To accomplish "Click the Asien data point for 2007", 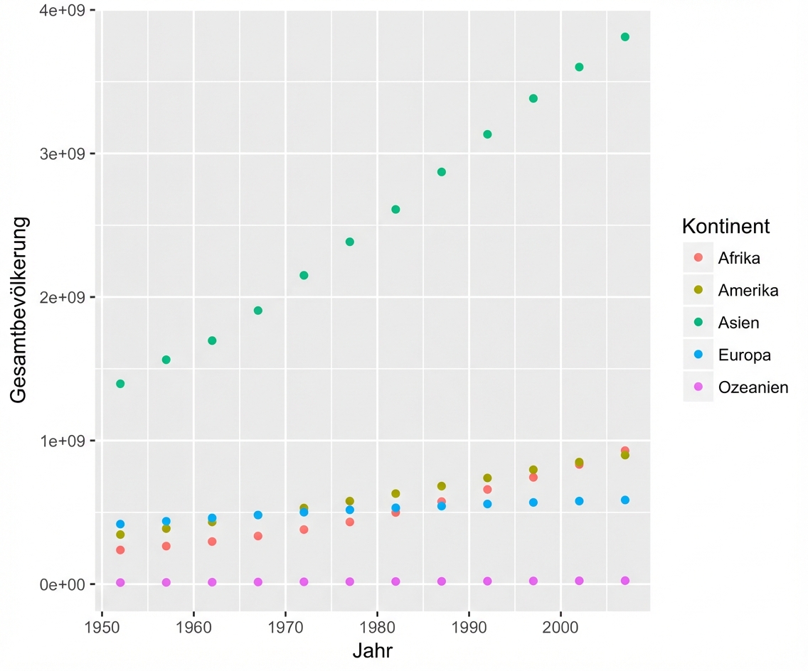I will click(625, 37).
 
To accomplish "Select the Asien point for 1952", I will click(120, 384).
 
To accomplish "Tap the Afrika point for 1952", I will click(120, 550).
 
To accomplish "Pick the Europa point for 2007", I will click(625, 500).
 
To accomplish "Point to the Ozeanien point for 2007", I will click(625, 581).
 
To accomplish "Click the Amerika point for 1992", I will click(487, 478).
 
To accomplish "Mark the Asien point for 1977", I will click(350, 242).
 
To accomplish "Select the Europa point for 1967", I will click(258, 515).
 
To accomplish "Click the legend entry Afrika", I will click(739, 258).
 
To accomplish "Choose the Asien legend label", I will click(738, 323).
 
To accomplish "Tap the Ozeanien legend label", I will click(753, 388).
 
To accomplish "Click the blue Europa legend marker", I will click(698, 355).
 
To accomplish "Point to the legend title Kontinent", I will click(725, 227).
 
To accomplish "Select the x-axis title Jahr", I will click(373, 650).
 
